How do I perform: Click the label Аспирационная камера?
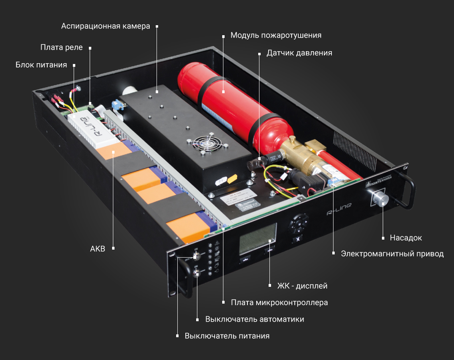[105, 26]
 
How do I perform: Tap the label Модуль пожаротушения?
[276, 35]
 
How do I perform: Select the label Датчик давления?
[299, 53]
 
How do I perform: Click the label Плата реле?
[61, 48]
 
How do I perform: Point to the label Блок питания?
[41, 65]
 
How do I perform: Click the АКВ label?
[98, 249]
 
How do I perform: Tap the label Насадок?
[406, 238]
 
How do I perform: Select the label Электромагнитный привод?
[392, 254]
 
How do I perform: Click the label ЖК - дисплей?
[303, 286]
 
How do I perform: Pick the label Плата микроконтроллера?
[279, 302]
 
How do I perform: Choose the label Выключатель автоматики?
[255, 319]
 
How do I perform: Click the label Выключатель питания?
[227, 336]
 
